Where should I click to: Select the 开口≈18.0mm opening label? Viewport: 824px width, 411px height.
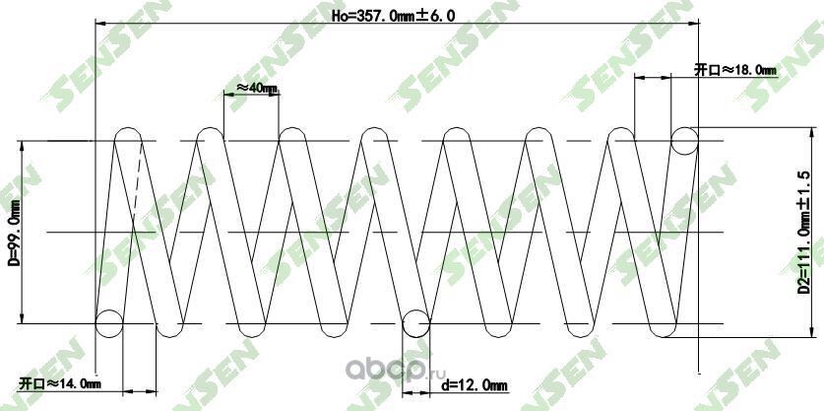coord(734,70)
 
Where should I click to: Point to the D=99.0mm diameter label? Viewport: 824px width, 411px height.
coord(13,235)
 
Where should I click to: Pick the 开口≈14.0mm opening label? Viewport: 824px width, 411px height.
coord(59,382)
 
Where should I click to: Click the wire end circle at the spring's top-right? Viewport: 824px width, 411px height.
coord(685,141)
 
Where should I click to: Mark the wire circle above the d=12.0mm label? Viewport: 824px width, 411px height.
coord(416,321)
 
